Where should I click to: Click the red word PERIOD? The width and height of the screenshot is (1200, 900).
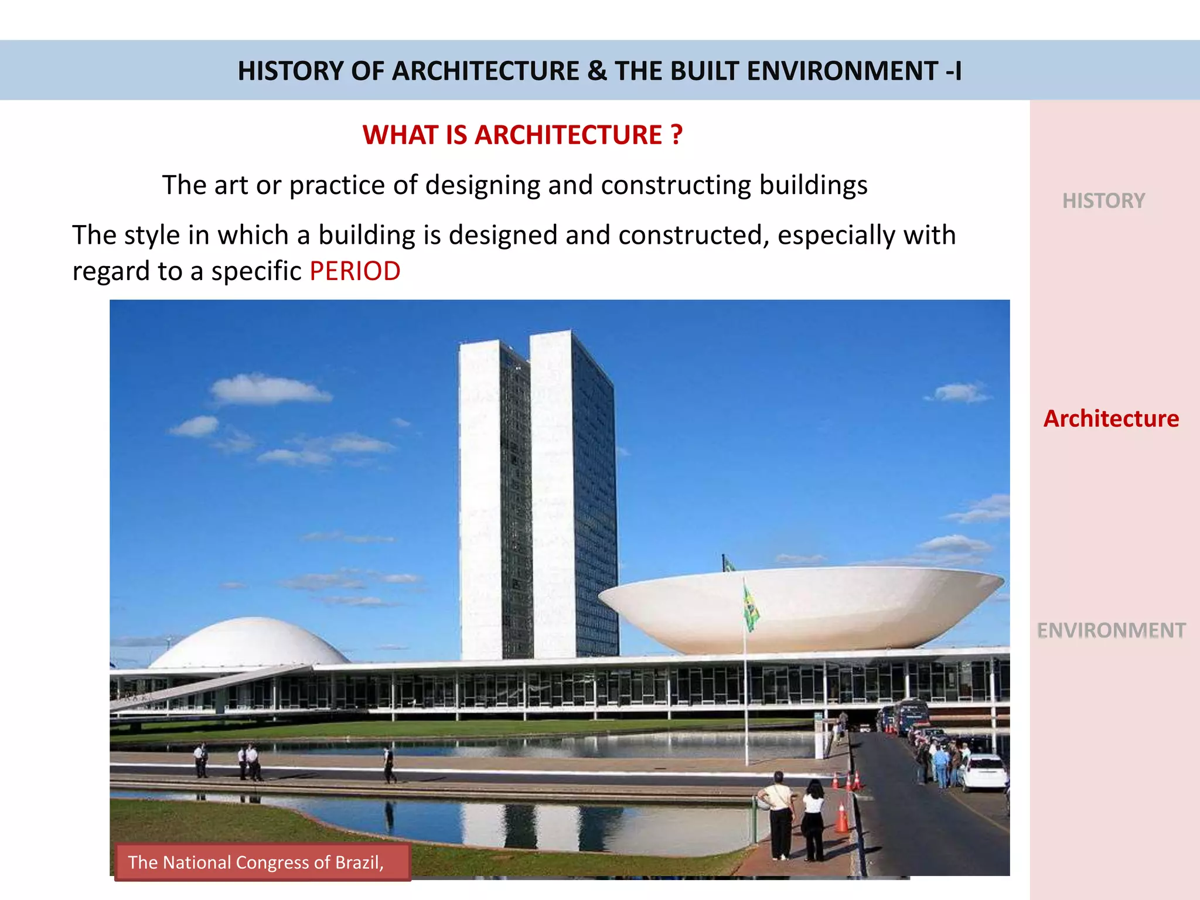click(x=354, y=271)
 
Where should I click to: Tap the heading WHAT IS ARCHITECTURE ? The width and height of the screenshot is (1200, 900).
click(x=522, y=135)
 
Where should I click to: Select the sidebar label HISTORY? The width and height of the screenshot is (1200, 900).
click(x=1103, y=201)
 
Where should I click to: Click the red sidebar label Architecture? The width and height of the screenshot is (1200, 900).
click(x=1111, y=419)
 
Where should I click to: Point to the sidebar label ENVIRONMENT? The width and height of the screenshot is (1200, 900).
click(x=1111, y=630)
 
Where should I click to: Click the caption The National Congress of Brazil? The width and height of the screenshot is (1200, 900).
click(x=256, y=862)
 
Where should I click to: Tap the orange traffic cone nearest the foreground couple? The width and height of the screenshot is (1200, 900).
click(x=841, y=818)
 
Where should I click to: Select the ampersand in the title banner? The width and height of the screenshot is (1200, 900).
click(x=596, y=71)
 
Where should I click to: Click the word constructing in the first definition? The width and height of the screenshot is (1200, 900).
click(x=676, y=185)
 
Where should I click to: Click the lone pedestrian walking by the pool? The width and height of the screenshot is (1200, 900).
click(x=389, y=765)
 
